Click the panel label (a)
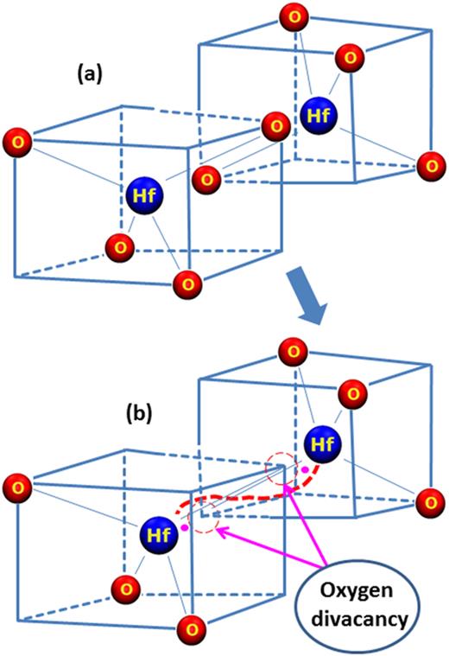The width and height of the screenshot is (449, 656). point(88,75)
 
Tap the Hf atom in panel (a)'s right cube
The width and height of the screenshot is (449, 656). point(314,112)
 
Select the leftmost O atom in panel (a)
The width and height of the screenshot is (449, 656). point(16,140)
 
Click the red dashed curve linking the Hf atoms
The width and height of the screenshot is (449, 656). point(250,497)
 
